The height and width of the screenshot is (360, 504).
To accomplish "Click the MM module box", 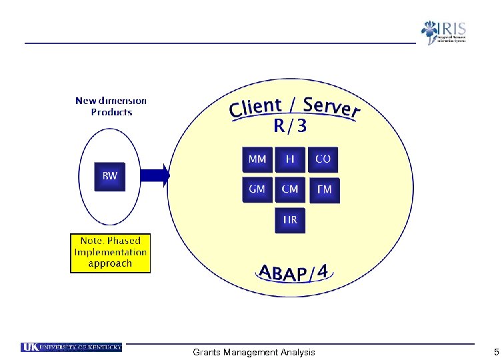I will coord(257,160).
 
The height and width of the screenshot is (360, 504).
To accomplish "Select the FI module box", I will coord(290,160).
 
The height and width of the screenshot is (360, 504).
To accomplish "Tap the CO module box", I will coord(323,160).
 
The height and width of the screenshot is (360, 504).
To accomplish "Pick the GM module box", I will coord(257,190).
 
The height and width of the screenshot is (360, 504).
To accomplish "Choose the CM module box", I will coord(290,190).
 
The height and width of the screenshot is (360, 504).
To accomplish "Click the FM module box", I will coord(324,191).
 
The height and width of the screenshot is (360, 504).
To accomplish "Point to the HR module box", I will coord(290,220).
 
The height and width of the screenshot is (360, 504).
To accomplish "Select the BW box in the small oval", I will coord(110,177).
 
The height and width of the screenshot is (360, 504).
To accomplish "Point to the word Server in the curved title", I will coord(331,107).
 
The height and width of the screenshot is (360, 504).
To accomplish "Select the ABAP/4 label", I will coord(293,273).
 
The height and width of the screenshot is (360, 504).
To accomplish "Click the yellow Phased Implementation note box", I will coord(111,253).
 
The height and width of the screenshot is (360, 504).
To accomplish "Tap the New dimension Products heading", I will coord(111,107).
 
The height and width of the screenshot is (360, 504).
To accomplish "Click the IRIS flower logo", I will coord(430,32).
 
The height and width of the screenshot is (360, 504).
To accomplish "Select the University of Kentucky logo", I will coord(71,347).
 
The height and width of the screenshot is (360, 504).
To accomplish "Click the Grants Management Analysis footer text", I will coord(253,352).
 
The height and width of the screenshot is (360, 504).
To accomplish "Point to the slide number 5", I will coord(495,352).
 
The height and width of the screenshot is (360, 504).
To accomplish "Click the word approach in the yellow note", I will coord(111,264).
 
